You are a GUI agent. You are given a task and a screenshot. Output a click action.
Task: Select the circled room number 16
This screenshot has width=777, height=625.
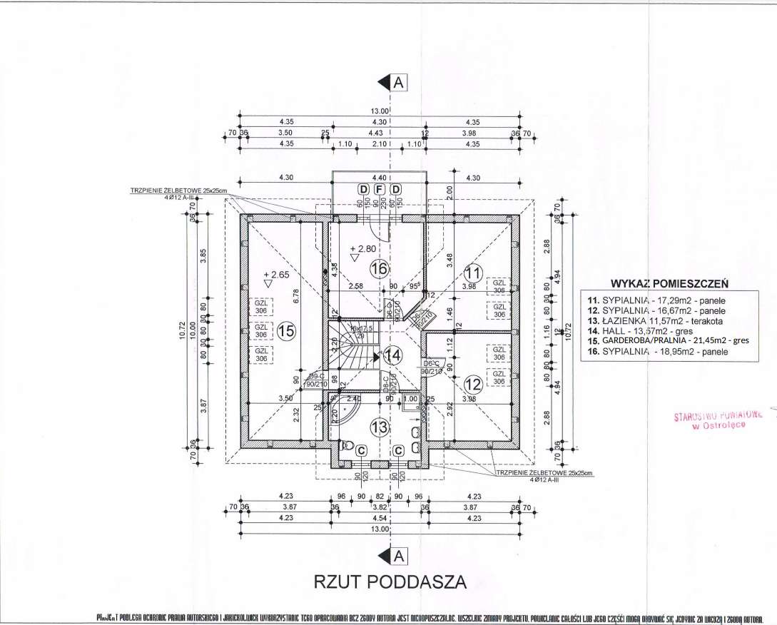(x=380, y=268)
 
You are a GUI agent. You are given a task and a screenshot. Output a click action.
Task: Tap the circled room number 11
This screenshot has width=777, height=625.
(x=472, y=272)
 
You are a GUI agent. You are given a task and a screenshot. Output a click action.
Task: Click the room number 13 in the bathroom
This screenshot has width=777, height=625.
(x=380, y=427)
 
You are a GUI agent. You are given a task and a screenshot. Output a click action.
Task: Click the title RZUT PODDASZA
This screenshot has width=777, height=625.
(x=390, y=581)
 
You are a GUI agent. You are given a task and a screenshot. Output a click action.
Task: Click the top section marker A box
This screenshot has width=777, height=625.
(x=399, y=82)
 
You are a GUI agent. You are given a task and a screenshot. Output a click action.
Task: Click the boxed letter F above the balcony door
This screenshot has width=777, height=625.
(x=380, y=188)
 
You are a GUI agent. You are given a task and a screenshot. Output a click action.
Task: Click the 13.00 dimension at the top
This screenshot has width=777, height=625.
(x=378, y=111)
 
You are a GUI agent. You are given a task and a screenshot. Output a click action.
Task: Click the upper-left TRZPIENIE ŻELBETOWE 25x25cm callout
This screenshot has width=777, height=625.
(x=175, y=191)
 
